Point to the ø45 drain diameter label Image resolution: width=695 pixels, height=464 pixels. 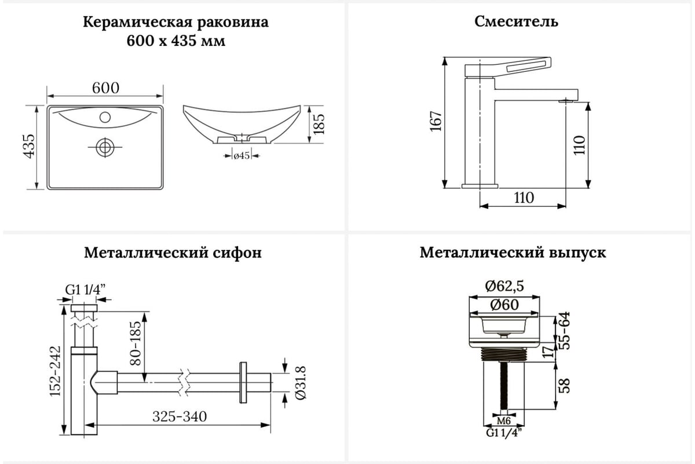241,155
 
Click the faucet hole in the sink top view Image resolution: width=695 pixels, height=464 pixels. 105,117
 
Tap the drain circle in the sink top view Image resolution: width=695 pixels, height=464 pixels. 105,147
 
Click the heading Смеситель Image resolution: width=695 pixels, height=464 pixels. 516,22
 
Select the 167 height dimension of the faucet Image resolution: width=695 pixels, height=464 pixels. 436,121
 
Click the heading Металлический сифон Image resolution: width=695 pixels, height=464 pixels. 173,253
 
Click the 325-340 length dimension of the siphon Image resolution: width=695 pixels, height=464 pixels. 180,416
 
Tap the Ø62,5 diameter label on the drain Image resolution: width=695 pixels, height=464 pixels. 504,286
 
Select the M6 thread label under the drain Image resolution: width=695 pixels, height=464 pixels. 503,420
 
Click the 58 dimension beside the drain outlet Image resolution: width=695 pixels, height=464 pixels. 565,385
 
